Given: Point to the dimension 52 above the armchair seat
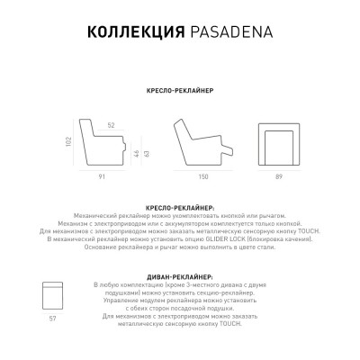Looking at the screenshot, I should (111, 125).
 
